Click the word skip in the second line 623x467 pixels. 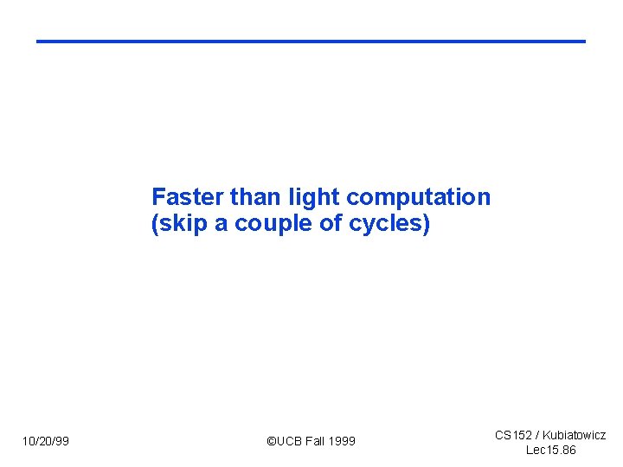click(182, 225)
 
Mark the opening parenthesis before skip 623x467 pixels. click(155, 225)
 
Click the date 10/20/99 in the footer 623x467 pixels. click(46, 442)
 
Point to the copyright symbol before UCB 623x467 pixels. click(271, 442)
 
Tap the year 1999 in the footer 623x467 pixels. click(344, 442)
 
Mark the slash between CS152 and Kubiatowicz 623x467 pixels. click(536, 435)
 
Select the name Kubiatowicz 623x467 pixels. click(574, 435)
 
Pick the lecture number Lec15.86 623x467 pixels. click(551, 451)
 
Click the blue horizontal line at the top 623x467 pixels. click(311, 41)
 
